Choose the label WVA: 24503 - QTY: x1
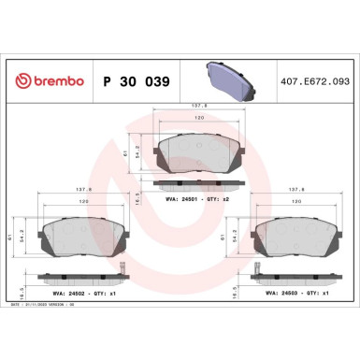tap(299, 292)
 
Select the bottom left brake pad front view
tap(77, 241)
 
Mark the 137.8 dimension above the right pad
tap(299, 187)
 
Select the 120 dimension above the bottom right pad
tap(298, 200)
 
